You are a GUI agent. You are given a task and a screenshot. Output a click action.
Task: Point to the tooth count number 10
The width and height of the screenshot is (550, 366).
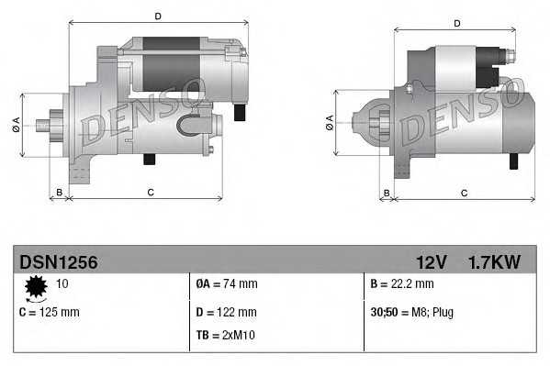(x=62, y=283)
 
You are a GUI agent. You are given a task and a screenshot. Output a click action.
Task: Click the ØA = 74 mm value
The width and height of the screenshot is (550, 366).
(x=227, y=284)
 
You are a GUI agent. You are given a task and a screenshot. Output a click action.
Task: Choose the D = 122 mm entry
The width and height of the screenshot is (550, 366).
(x=227, y=312)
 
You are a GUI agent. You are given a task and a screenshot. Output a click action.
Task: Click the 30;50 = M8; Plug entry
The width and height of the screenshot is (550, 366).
(x=411, y=312)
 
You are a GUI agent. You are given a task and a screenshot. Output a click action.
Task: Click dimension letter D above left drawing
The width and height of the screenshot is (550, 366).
(x=158, y=17)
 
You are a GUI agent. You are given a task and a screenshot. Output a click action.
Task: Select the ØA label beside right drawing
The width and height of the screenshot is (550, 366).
(x=330, y=123)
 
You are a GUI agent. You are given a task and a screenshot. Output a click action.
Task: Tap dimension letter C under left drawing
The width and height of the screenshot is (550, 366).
(x=150, y=192)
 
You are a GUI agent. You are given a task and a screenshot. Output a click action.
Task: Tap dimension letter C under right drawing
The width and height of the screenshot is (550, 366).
(x=464, y=193)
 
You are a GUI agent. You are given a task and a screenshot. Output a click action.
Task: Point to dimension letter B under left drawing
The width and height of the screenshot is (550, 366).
(x=60, y=192)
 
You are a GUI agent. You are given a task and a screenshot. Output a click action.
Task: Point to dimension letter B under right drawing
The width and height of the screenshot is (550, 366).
(x=387, y=193)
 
